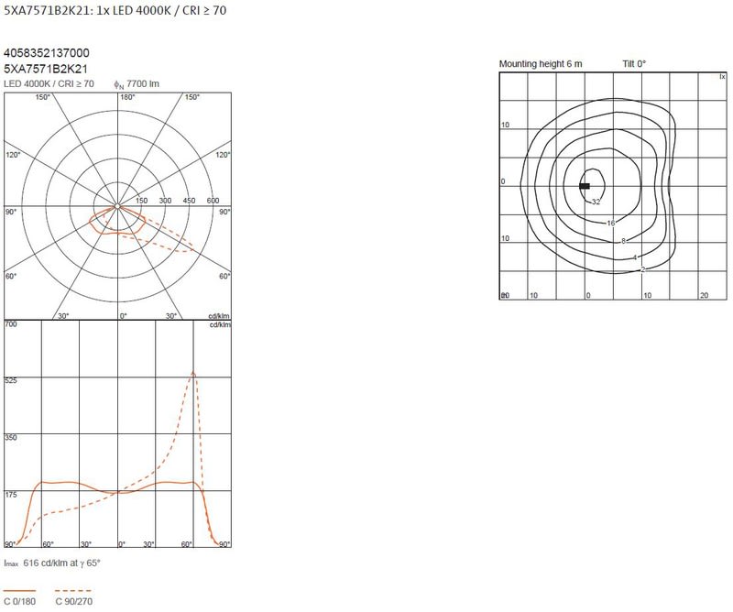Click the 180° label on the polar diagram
127,97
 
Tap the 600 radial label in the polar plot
213,201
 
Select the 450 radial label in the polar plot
189,201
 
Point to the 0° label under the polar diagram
123,316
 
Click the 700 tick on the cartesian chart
11,324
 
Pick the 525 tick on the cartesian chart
11,380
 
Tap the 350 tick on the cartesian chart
11,438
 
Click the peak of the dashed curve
193,372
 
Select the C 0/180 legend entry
19,596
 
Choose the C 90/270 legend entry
74,596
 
